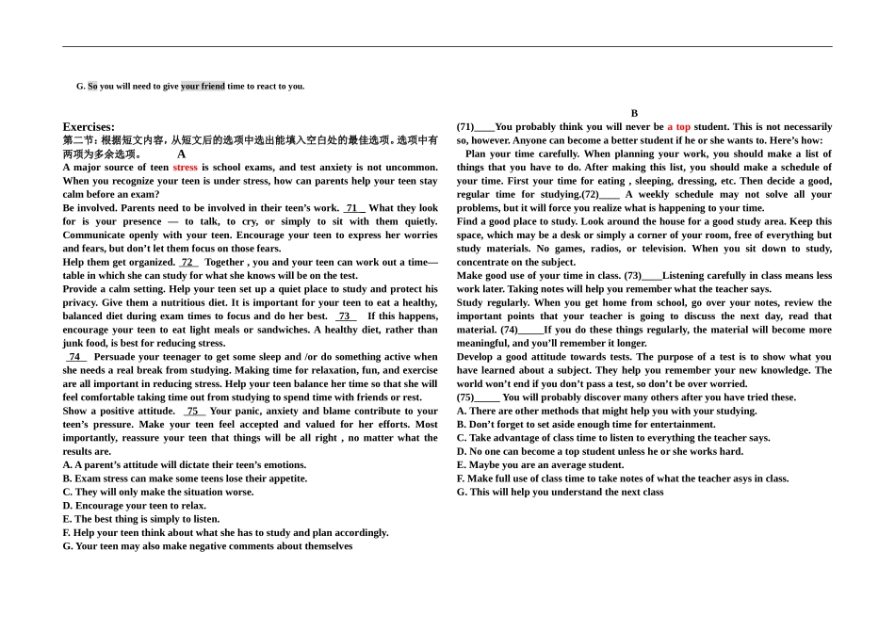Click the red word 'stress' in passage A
(185, 168)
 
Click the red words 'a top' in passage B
(678, 127)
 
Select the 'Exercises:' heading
(89, 127)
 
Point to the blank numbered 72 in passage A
(188, 263)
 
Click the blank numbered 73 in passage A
(346, 316)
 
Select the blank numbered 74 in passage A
(75, 357)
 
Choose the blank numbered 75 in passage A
(193, 412)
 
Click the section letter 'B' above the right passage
(634, 113)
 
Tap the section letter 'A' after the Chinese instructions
(182, 154)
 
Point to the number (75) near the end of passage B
(465, 397)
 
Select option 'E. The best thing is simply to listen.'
(141, 519)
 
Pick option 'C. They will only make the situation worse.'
(158, 492)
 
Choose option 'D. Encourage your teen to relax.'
(135, 506)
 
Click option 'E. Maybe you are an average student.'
(540, 465)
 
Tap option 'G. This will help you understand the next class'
(560, 492)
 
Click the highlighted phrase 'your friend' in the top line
(203, 87)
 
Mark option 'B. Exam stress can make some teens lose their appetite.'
(185, 478)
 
